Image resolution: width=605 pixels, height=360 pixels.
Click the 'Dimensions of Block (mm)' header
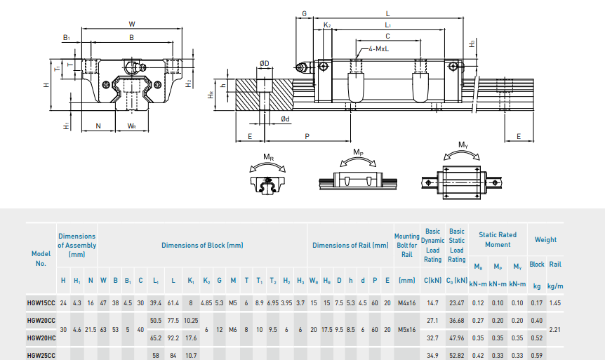202,246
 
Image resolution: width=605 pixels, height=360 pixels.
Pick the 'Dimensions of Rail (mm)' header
350,246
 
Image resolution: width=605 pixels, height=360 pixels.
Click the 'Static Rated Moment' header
497,240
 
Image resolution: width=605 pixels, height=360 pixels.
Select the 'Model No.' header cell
41,258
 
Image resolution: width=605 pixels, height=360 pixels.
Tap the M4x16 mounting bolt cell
407,303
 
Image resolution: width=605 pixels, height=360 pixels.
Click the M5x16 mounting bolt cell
407,329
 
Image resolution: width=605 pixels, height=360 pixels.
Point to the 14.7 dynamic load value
432,303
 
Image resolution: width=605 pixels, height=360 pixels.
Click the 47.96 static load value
456,338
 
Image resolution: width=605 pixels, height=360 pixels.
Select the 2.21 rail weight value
554,329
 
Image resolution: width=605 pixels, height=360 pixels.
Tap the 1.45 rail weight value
554,303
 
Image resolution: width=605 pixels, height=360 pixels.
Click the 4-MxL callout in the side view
380,50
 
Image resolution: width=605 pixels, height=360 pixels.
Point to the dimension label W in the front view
131,24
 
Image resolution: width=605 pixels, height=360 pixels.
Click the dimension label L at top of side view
387,13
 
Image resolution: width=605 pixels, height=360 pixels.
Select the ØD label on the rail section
264,64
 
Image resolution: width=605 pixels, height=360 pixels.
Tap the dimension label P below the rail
307,136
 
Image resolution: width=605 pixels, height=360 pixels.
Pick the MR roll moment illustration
267,175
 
